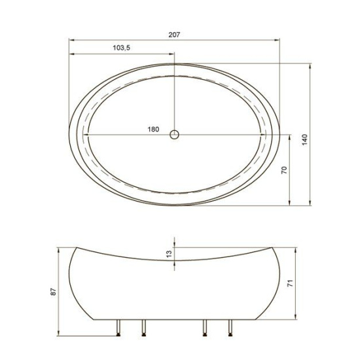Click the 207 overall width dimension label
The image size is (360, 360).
(174, 35)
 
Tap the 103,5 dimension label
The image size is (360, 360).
(122, 48)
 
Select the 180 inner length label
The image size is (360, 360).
(153, 130)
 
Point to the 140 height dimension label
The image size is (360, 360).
(304, 139)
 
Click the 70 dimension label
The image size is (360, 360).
(284, 170)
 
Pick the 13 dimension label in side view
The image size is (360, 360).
(169, 254)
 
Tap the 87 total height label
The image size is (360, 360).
(53, 291)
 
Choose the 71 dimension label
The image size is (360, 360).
(290, 283)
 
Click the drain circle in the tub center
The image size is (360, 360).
(174, 135)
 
